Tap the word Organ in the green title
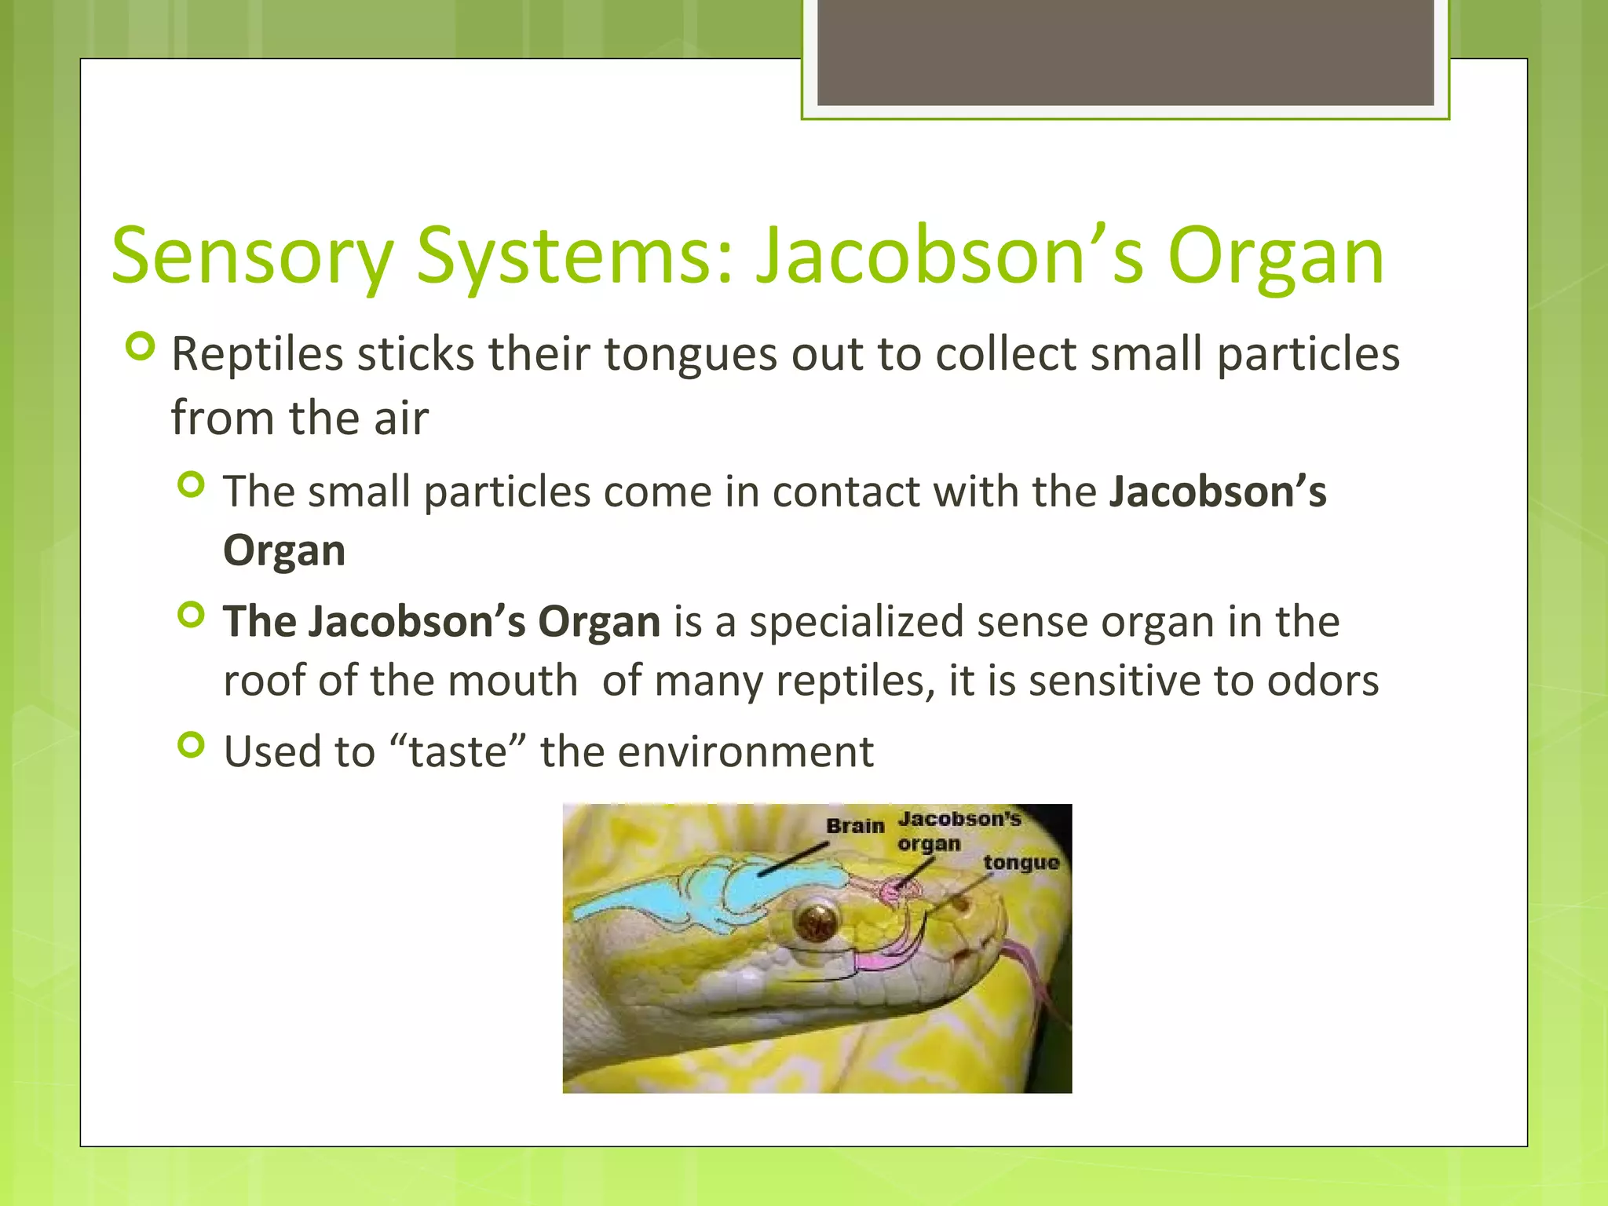point(1275,258)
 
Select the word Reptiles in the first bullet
point(257,354)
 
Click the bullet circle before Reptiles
point(141,346)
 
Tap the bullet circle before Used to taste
point(191,744)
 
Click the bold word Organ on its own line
point(284,550)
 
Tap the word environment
point(745,751)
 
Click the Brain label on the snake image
point(854,826)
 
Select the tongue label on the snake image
point(1021,863)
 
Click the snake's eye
point(816,921)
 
